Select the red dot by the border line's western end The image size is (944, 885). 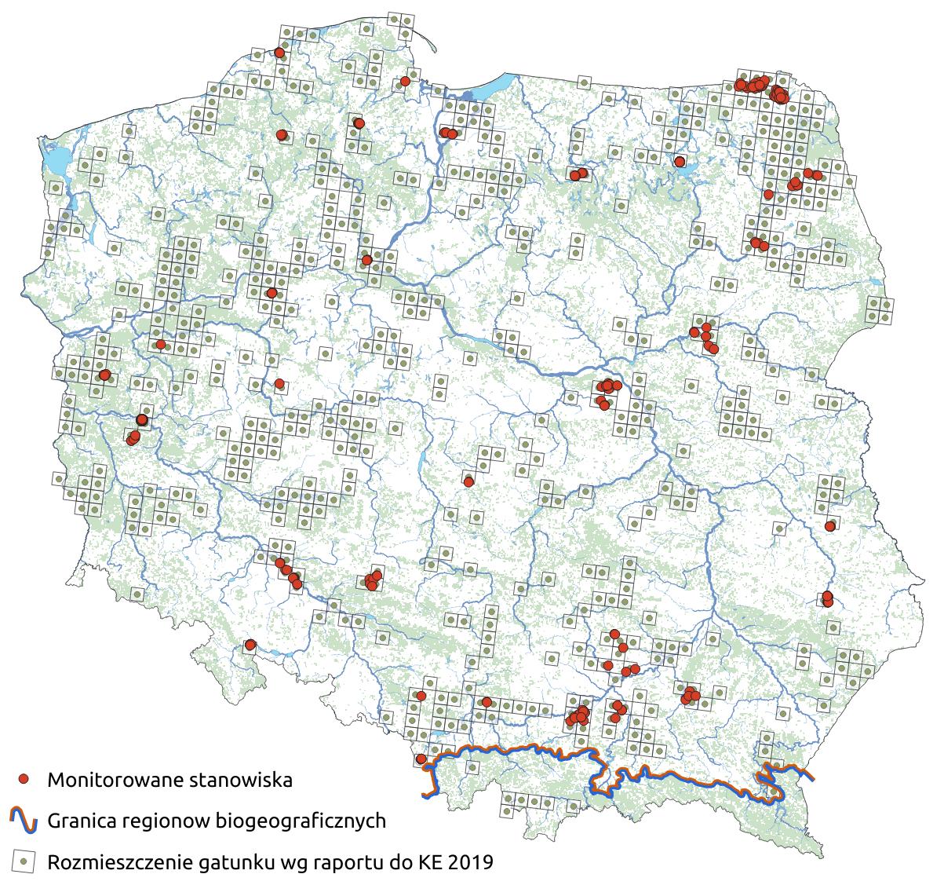[421, 759]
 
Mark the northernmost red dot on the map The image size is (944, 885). [279, 53]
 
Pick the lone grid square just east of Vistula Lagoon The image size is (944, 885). [583, 82]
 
